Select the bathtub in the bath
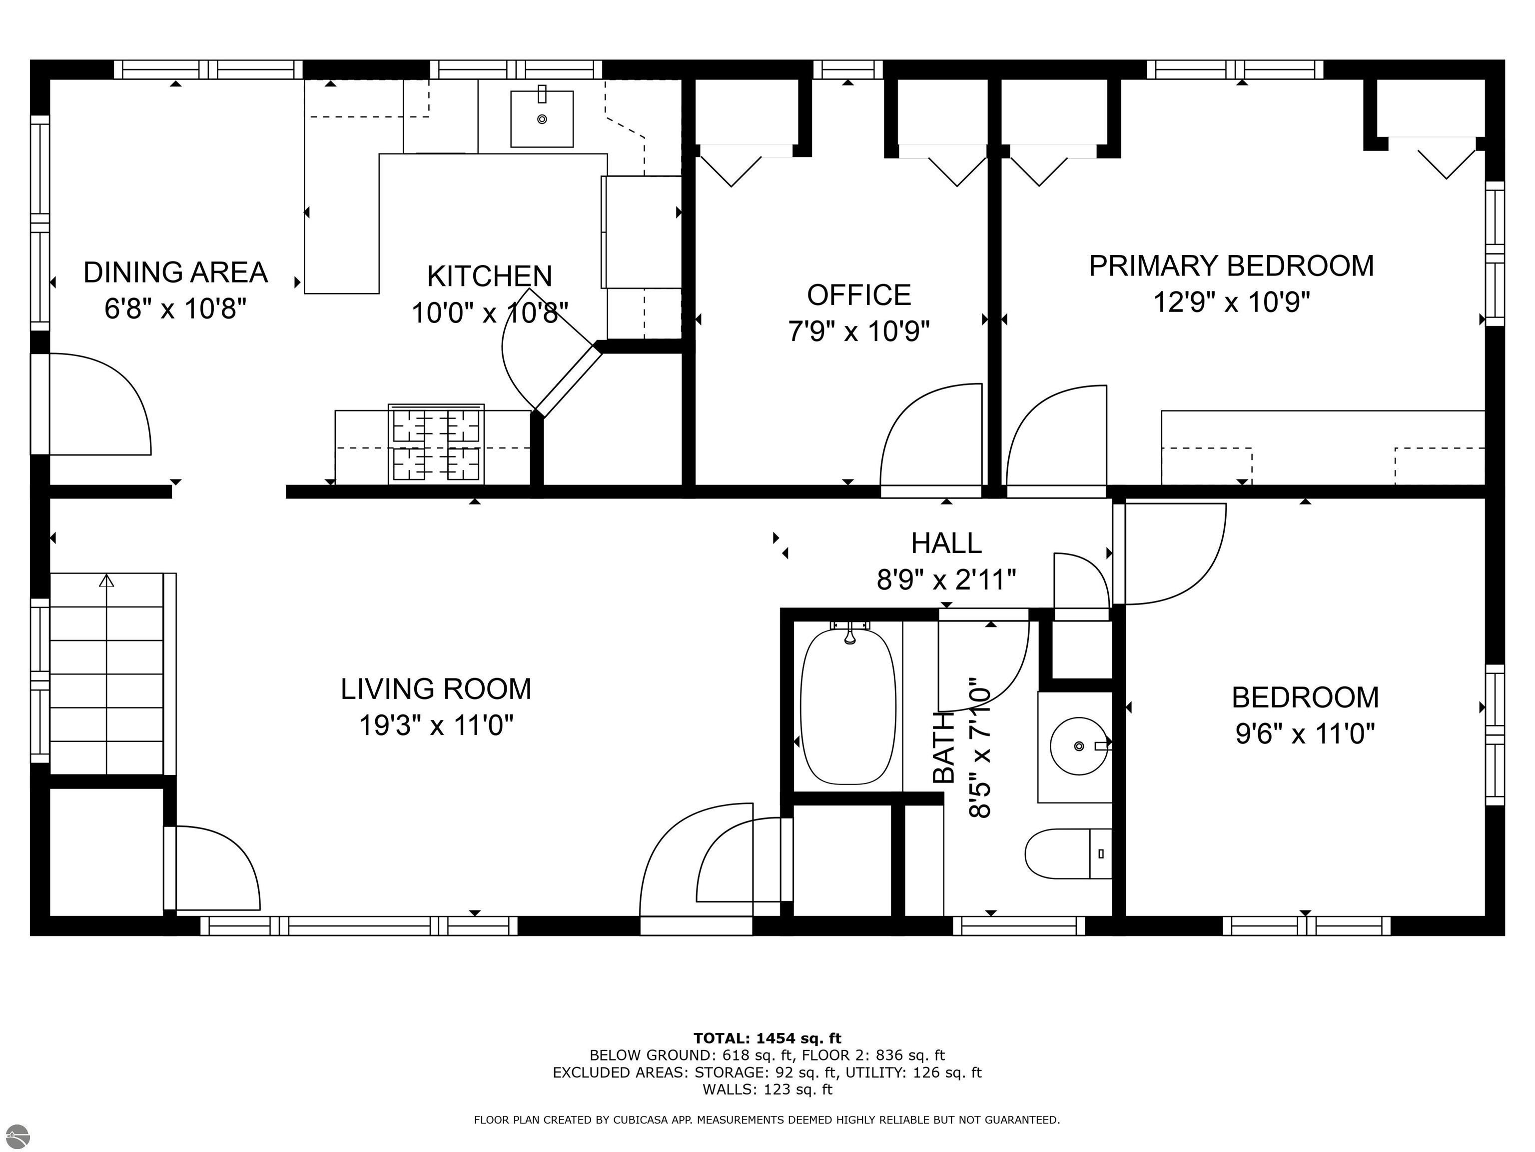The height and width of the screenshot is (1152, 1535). tap(848, 707)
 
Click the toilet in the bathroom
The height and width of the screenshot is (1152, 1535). tap(1067, 853)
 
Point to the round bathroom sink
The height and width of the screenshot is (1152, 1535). tap(1078, 746)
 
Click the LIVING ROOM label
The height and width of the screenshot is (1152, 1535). tap(436, 689)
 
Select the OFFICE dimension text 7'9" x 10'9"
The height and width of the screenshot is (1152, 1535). tap(858, 332)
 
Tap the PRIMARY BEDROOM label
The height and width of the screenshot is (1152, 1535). tap(1230, 266)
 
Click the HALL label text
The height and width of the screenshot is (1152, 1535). tap(946, 543)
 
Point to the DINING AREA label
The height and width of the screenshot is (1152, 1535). tap(175, 272)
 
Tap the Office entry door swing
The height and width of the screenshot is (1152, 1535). tap(930, 437)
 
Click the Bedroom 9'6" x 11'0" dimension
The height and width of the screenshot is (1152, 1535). tap(1305, 734)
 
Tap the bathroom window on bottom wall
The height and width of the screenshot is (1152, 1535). tap(1018, 925)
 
